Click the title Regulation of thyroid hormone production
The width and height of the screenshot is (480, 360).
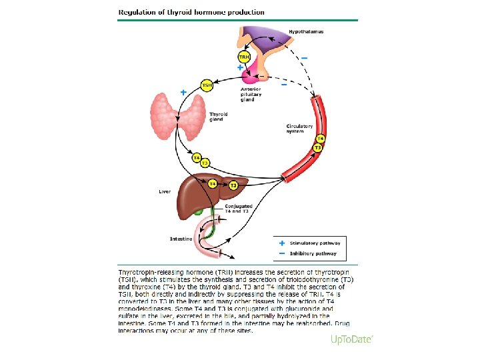[191, 12]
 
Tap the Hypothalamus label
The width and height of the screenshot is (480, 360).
[306, 32]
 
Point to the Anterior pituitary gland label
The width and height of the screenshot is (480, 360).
[251, 95]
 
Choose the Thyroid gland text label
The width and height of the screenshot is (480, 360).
[218, 117]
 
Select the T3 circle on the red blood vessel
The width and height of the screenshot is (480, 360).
[318, 147]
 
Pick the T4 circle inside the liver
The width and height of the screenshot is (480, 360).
[212, 182]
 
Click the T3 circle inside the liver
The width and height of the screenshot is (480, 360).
[233, 186]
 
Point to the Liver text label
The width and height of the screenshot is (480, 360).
[165, 192]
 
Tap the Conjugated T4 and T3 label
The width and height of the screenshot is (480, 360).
[239, 209]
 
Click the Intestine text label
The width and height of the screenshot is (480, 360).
[181, 238]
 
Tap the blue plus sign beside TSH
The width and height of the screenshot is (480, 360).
[183, 92]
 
